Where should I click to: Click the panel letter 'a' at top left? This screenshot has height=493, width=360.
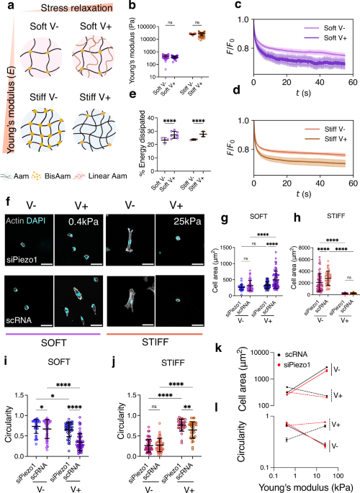point(5,6)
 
